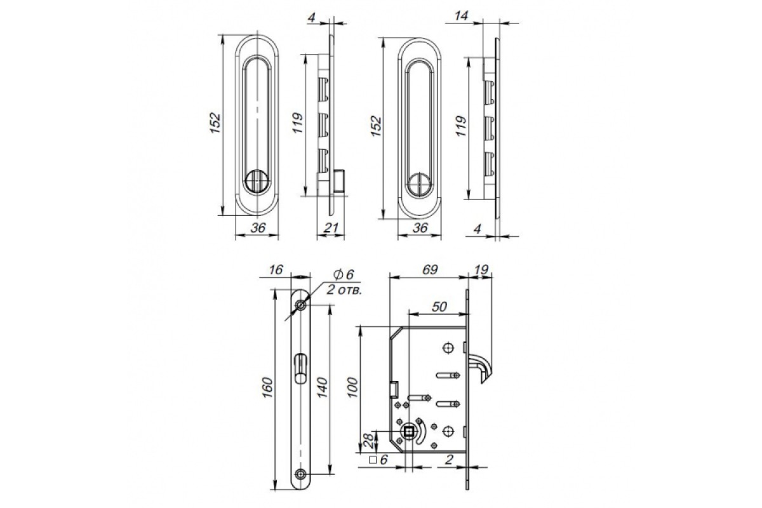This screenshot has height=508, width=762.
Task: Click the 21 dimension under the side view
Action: (330, 227)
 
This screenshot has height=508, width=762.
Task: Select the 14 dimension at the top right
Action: (461, 16)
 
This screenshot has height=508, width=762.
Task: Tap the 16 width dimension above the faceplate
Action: (276, 270)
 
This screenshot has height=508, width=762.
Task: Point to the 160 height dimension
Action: (268, 387)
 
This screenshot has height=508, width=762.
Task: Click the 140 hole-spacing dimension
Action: (321, 387)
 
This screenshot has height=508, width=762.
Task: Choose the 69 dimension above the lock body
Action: (430, 270)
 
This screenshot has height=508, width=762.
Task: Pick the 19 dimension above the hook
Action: (481, 270)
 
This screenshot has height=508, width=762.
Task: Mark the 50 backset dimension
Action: (439, 307)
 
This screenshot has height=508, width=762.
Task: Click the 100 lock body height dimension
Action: (353, 387)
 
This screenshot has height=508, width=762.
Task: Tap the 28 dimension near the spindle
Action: (368, 441)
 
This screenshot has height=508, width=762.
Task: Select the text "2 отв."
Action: (344, 290)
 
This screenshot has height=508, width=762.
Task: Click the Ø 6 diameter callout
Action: (344, 274)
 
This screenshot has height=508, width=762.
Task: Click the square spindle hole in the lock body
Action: (409, 432)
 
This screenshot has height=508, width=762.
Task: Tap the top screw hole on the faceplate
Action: (301, 305)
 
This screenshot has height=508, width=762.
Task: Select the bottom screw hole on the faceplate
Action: (301, 474)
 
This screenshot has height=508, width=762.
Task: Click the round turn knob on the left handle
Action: (257, 182)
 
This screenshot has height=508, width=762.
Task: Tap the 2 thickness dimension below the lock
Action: (449, 460)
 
